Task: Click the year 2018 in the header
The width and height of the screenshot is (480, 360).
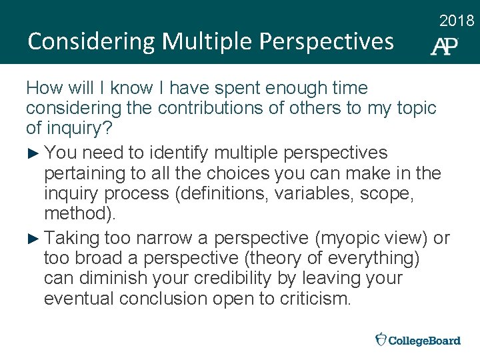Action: coord(457,21)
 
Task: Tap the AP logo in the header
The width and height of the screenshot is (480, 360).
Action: coord(444,46)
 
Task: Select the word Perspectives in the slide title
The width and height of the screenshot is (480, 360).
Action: coord(326,41)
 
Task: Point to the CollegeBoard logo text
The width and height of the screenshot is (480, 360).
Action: coord(425,341)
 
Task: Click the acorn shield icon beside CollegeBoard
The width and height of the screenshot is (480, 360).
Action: coord(381,339)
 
